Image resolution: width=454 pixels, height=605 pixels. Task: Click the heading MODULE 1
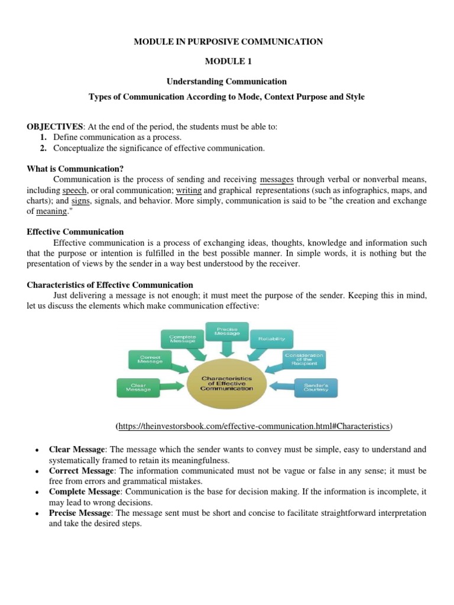[227, 61]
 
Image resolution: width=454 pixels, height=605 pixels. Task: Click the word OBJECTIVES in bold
[55, 127]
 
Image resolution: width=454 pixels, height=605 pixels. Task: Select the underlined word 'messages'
[277, 179]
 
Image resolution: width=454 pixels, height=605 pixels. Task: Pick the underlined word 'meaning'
[51, 211]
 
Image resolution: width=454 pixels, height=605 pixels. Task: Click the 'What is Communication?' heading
[75, 168]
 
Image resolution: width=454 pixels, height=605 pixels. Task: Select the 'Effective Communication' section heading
[75, 232]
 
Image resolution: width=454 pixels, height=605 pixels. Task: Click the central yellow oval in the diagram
[227, 383]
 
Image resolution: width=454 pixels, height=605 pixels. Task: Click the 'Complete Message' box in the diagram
[183, 339]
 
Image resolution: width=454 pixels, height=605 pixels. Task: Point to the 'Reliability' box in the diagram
[271, 339]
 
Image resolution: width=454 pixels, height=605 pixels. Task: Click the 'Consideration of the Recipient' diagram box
[303, 359]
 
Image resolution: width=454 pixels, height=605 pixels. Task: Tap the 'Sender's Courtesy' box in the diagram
[316, 388]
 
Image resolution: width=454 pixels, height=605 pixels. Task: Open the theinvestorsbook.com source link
[255, 425]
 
